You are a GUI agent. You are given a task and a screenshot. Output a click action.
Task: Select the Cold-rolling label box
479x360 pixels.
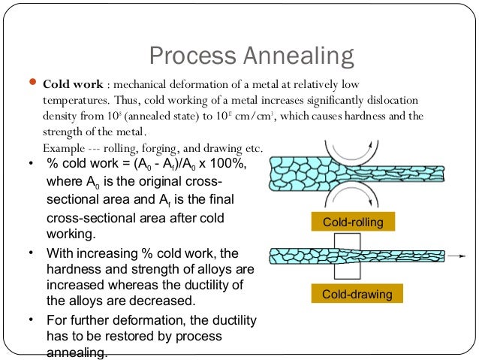[x=352, y=222]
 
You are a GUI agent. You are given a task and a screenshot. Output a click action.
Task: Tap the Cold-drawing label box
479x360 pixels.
[x=352, y=294]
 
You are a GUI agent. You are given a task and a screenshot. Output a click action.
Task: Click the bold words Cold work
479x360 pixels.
[x=73, y=84]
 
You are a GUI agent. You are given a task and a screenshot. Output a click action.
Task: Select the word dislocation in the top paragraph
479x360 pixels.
[x=393, y=100]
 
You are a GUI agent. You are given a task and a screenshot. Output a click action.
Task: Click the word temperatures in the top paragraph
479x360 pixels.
[x=73, y=100]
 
